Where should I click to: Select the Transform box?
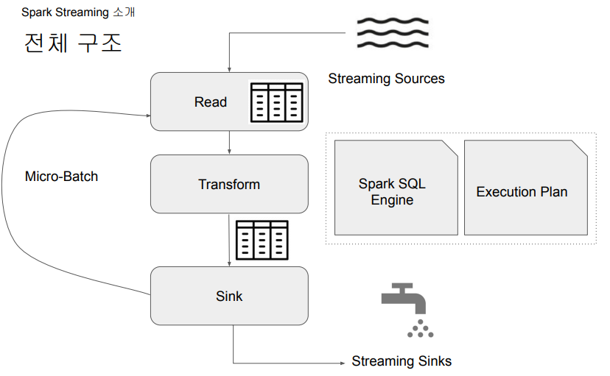tap(228, 184)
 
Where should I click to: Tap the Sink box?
tap(228, 296)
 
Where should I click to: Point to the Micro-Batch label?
tap(61, 177)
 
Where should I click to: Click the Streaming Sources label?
tap(386, 79)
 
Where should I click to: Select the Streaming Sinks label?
tap(402, 361)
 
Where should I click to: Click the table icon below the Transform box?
tap(262, 239)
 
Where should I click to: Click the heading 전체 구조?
tap(72, 43)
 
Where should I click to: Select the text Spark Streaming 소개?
tap(78, 13)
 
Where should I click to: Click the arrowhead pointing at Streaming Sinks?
tap(343, 362)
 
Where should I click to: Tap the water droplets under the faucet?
tap(420, 329)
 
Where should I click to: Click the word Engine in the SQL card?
tap(392, 200)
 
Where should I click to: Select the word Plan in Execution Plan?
tap(553, 192)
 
